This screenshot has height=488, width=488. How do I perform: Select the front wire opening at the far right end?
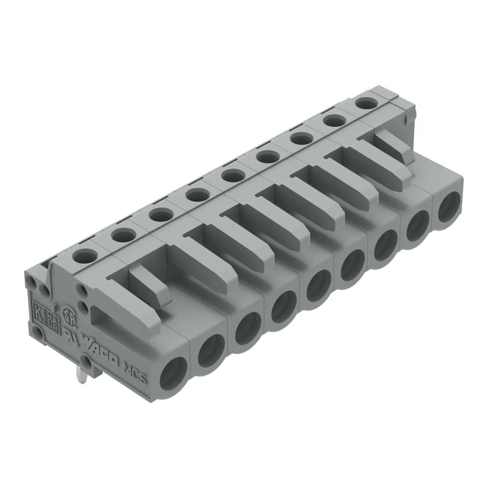pyautogui.click(x=448, y=206)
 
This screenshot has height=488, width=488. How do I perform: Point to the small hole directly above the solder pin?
pyautogui.click(x=86, y=362)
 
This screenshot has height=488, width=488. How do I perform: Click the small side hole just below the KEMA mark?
pyautogui.click(x=37, y=333)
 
